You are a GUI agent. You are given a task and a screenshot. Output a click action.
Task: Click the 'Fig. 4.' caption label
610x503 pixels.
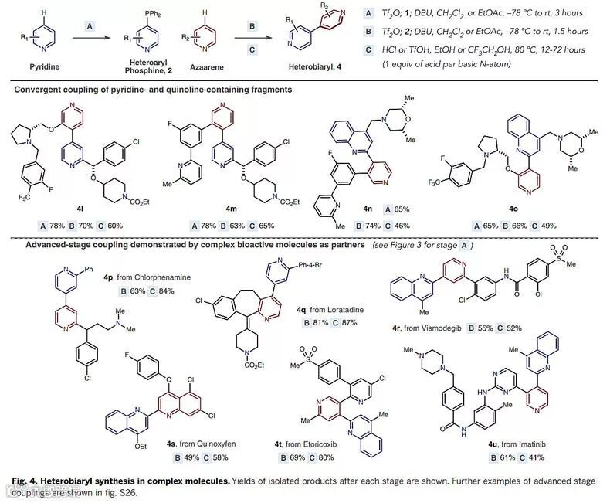click(x=19, y=481)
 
